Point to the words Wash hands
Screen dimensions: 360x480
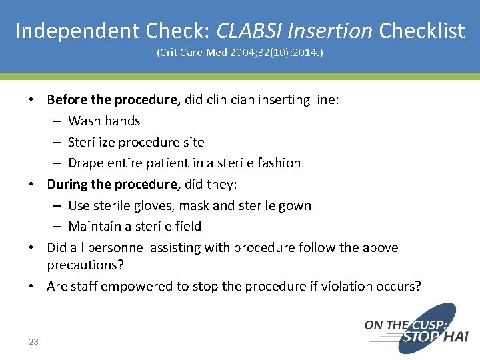tap(104, 121)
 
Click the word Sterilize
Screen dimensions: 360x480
tap(93, 142)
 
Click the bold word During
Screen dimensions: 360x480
tap(67, 184)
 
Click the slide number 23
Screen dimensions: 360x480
tap(33, 342)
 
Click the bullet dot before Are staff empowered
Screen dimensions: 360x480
tap(33, 287)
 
